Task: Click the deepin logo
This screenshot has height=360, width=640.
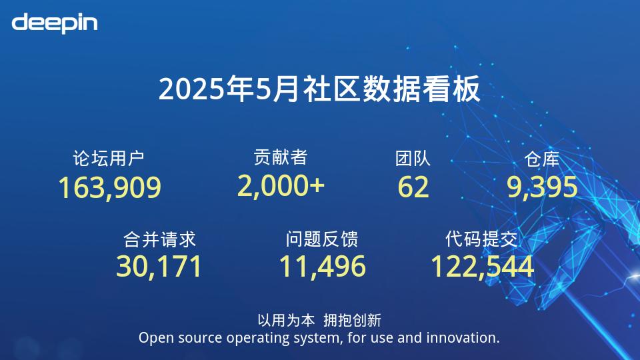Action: point(55,23)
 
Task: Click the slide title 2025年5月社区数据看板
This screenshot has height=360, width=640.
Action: point(319,89)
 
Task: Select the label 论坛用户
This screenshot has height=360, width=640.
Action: point(109,159)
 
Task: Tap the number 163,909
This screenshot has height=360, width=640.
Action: point(110,188)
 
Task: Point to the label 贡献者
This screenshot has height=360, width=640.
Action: point(281,157)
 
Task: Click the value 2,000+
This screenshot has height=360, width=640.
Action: point(281,186)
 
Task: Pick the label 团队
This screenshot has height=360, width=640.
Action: point(413,159)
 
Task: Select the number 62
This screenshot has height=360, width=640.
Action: point(413,187)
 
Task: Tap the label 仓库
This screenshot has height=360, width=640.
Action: point(541,159)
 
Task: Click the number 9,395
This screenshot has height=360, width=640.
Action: point(542,187)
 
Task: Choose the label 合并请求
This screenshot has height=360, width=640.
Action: point(159,239)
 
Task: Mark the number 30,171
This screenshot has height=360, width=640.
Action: point(159,267)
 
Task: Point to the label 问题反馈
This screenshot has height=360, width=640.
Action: point(321,239)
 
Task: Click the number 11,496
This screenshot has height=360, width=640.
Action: point(323,267)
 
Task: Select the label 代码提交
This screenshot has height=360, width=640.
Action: point(481,239)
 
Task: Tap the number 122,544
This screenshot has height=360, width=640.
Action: point(483,267)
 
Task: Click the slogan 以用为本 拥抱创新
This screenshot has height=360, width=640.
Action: point(319,321)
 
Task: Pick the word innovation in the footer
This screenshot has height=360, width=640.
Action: point(463,337)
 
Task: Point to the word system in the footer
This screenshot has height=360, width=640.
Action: point(316,339)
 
